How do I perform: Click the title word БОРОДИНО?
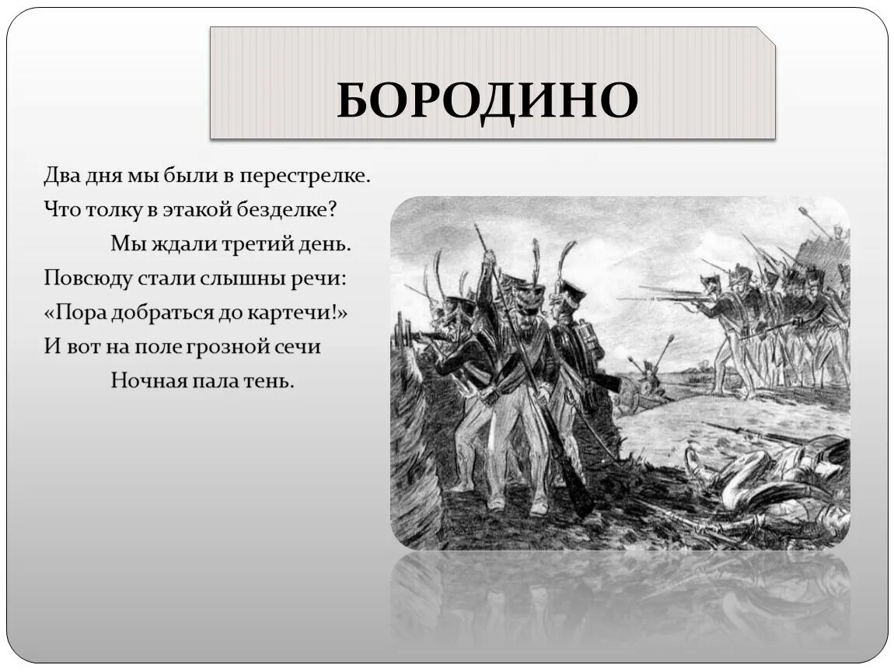click(x=487, y=100)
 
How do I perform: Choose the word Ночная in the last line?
click(x=142, y=380)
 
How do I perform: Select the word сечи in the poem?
click(x=299, y=346)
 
